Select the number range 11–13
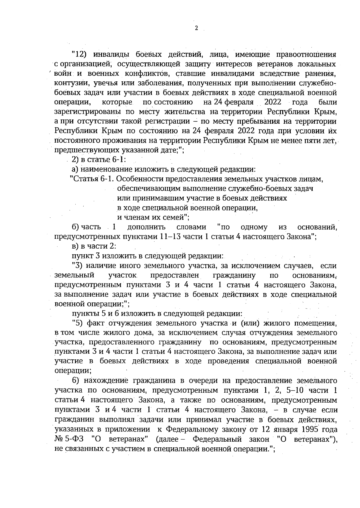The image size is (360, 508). tap(170, 237)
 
